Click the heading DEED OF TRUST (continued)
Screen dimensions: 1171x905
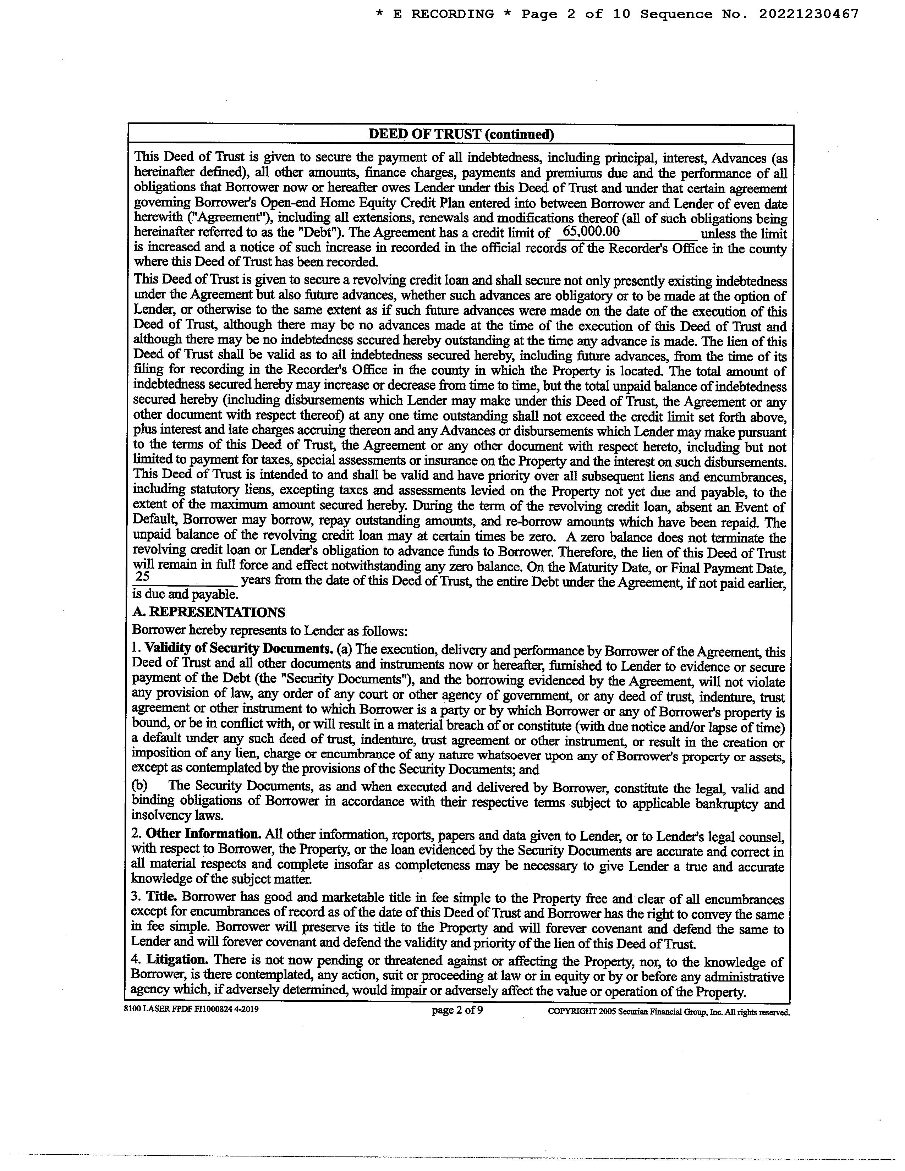pyautogui.click(x=461, y=134)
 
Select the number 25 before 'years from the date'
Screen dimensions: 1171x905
pyautogui.click(x=143, y=576)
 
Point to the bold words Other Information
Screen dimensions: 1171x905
pyautogui.click(x=204, y=834)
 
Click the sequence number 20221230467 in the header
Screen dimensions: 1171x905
pyautogui.click(x=808, y=15)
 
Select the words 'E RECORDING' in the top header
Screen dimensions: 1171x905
pyautogui.click(x=443, y=15)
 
